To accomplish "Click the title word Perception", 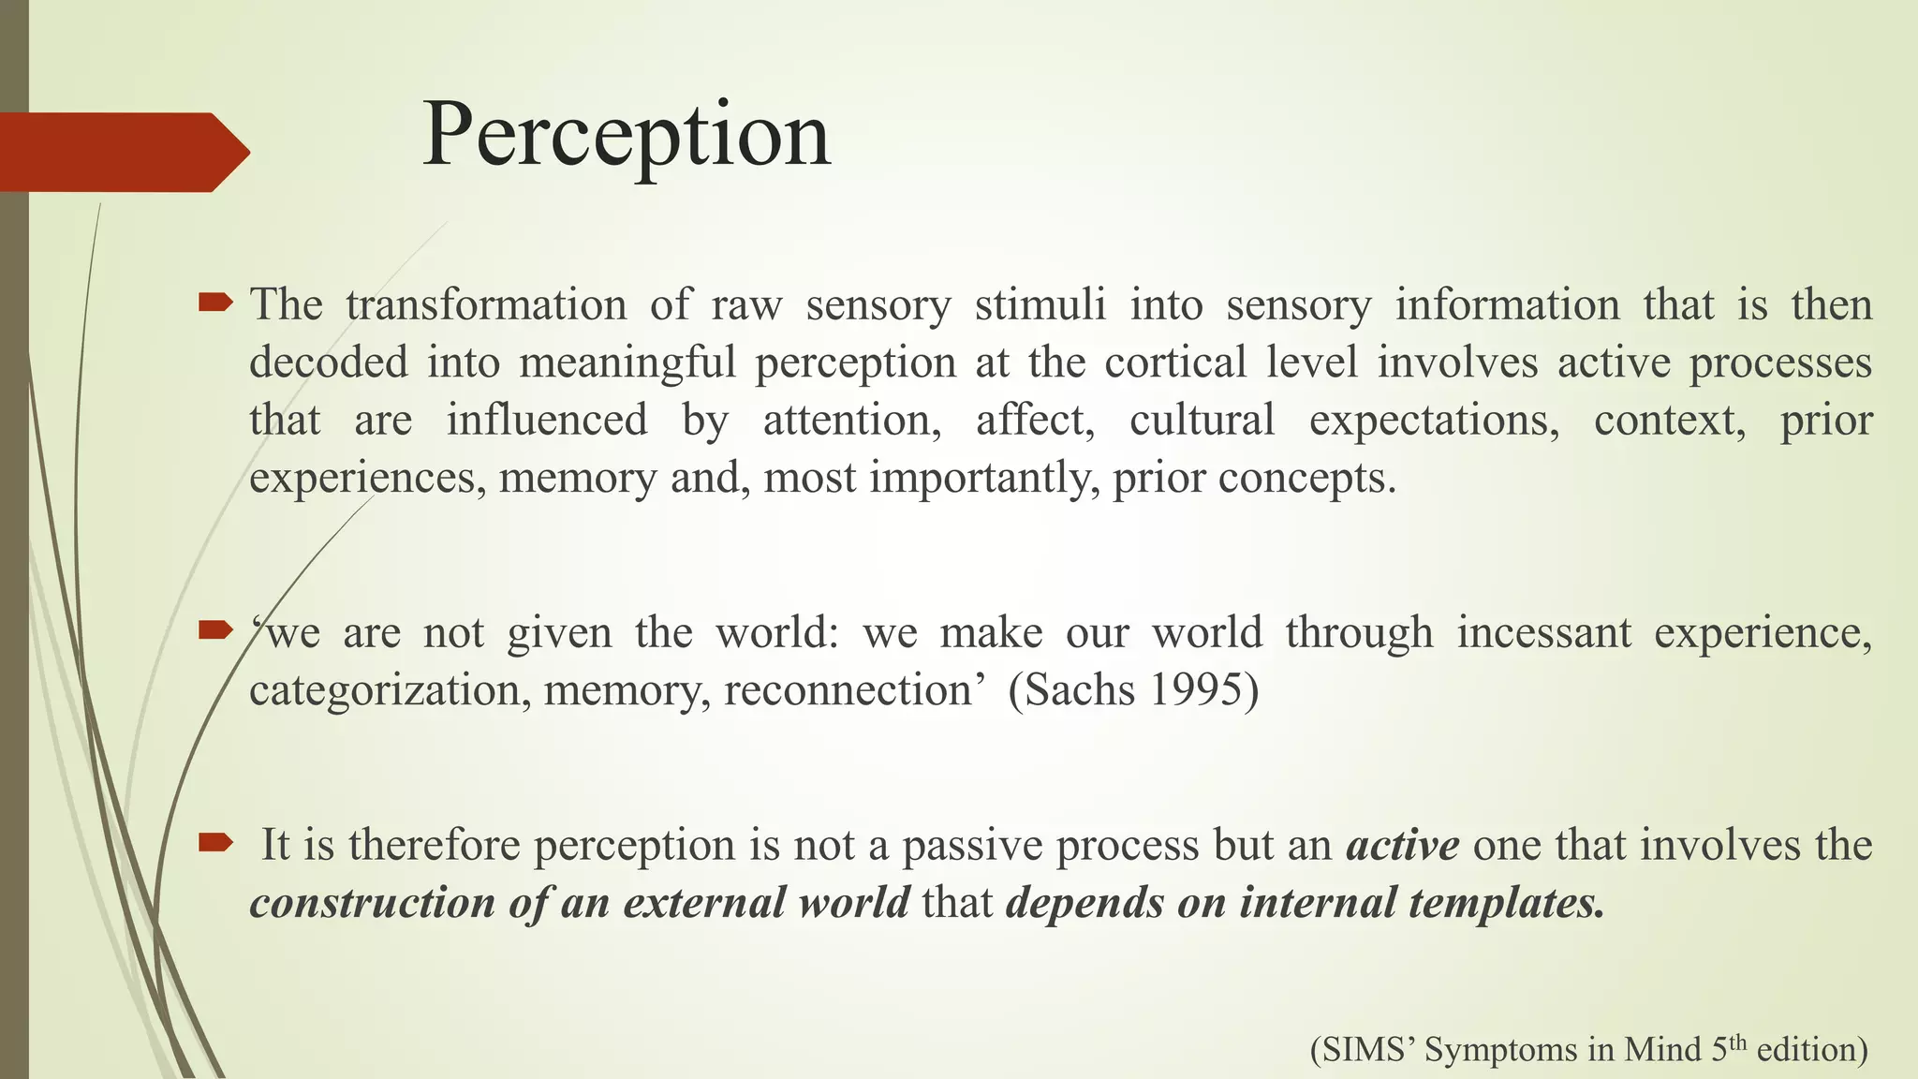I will click(626, 136).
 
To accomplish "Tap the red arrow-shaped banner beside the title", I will click(122, 152).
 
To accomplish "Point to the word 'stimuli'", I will click(1040, 305).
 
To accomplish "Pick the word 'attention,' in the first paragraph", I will click(852, 421).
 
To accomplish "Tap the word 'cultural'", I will click(1202, 421).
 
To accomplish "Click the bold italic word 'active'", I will click(1403, 845).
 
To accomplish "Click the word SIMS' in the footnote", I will click(1364, 1049).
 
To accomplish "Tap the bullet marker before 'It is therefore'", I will click(215, 843).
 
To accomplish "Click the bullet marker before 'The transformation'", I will click(215, 303).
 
